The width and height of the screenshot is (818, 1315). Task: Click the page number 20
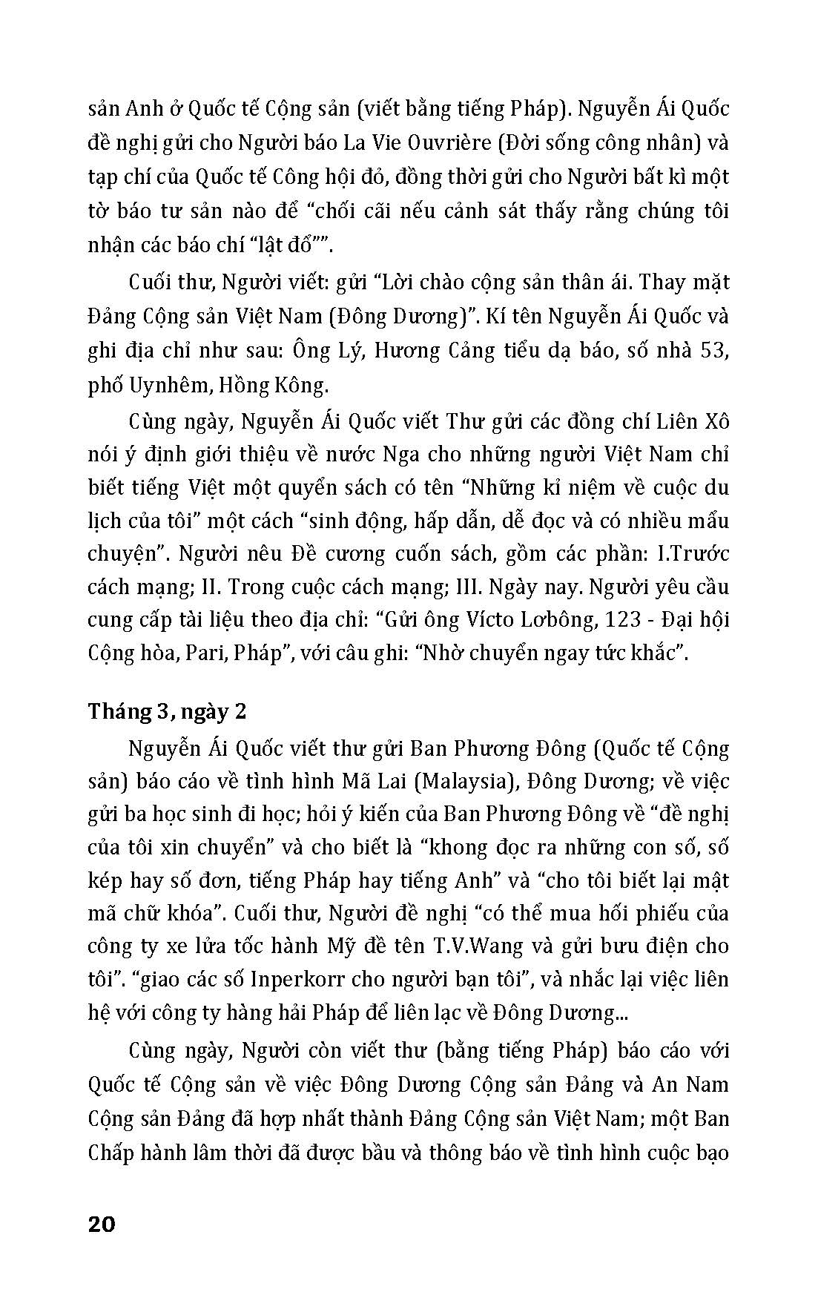(102, 1224)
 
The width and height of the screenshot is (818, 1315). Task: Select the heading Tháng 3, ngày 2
(168, 711)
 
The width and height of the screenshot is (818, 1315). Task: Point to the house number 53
(714, 350)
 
